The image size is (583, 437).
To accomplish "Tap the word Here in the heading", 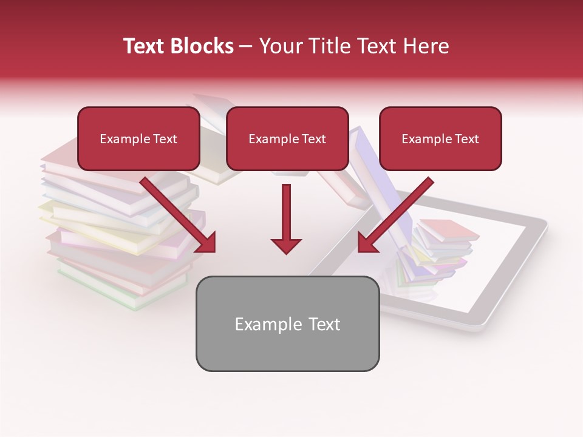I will [x=425, y=46].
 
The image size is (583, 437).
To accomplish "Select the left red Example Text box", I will [x=138, y=139].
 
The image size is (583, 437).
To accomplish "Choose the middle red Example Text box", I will [x=287, y=139].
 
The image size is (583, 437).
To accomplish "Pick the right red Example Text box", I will [x=440, y=139].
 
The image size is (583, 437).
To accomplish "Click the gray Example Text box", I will [x=287, y=324].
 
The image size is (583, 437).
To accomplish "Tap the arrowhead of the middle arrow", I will [x=286, y=245].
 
